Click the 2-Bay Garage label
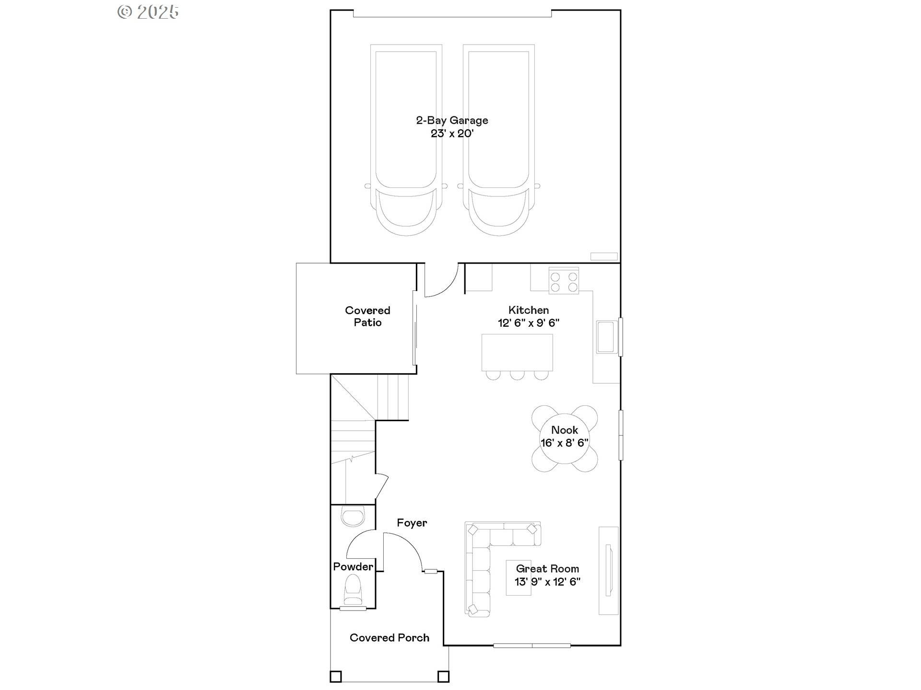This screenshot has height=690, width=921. pos(452,120)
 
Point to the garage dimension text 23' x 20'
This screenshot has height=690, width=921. pos(452,134)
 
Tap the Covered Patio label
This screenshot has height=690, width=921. pos(367,316)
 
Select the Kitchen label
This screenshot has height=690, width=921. pos(529,310)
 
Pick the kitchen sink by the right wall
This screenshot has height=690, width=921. pos(606,337)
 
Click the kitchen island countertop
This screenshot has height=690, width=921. pos(517,352)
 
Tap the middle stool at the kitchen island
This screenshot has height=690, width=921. pos(517,375)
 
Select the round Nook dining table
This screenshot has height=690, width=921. pos(565,438)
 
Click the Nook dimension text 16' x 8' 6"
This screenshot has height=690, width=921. pos(565,443)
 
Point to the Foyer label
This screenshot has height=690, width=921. pos(412,523)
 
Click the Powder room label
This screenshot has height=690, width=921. pos(353,567)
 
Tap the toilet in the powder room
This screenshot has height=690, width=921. pos(353,590)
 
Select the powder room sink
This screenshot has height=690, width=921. pos(353,517)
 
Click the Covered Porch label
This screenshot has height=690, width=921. pos(389,638)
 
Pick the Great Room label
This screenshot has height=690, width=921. pos(547,569)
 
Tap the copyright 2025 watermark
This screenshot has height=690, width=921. pos(148,12)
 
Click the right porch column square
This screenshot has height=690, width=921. pos(443,676)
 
